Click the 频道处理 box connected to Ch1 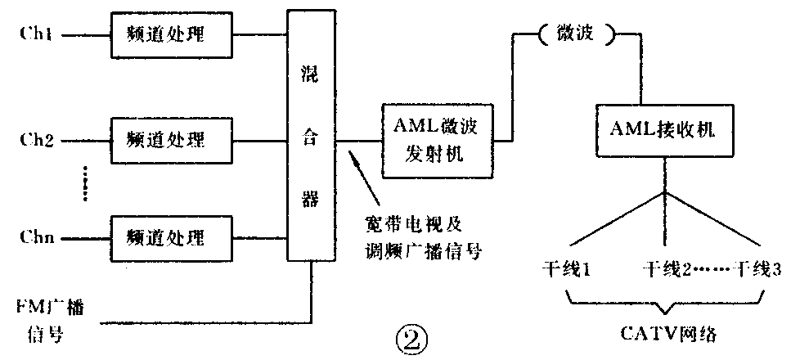click(x=166, y=36)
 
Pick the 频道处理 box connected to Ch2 click(x=166, y=136)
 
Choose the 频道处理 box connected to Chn click(x=166, y=237)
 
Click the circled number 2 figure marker click(x=410, y=335)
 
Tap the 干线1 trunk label click(x=565, y=268)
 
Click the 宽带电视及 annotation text click(x=399, y=223)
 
